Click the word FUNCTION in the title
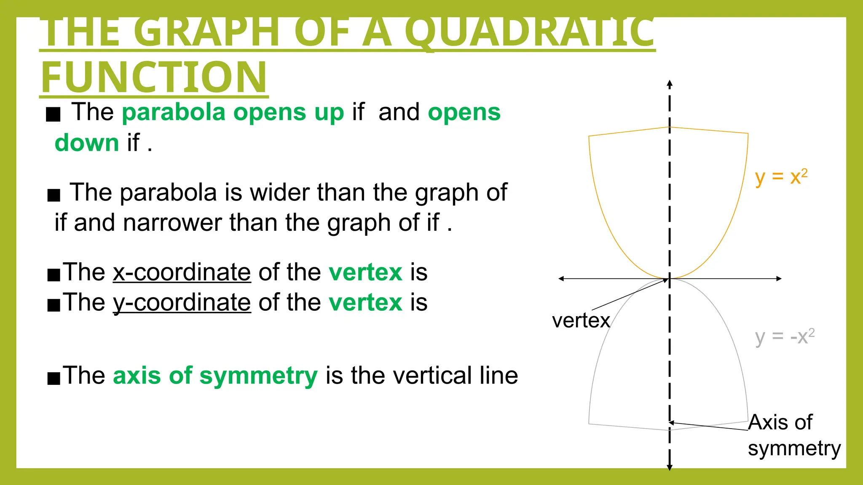click(154, 77)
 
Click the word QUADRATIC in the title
click(529, 33)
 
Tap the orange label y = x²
click(781, 177)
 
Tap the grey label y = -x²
click(784, 337)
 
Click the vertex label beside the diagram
click(581, 321)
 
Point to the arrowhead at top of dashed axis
click(670, 83)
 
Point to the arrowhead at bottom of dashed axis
click(670, 467)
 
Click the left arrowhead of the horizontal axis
click(561, 279)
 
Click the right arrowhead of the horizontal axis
click(779, 279)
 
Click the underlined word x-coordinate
click(182, 272)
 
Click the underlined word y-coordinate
click(182, 303)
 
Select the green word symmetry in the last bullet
click(258, 376)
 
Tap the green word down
click(87, 143)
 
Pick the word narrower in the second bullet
click(172, 223)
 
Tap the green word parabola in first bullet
click(174, 112)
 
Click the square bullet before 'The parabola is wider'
click(54, 195)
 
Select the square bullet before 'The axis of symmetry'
click(54, 378)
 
